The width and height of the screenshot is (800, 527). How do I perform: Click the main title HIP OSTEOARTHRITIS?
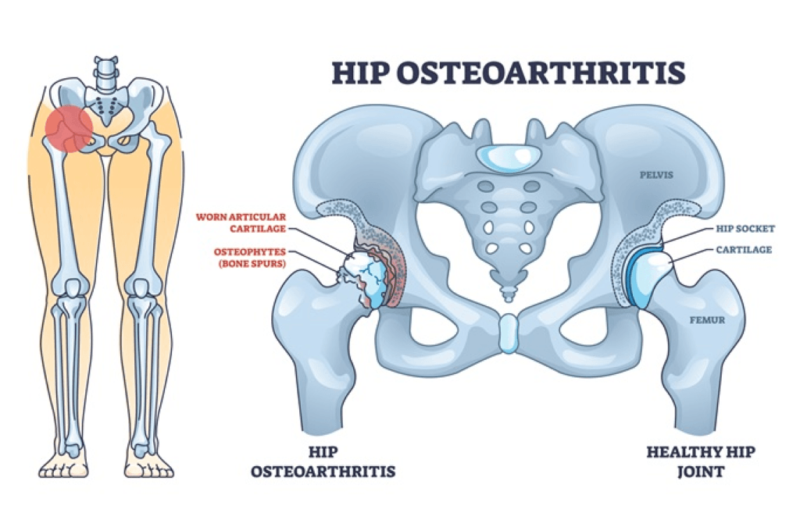pyautogui.click(x=509, y=73)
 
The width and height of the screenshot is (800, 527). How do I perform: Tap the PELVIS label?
pyautogui.click(x=656, y=175)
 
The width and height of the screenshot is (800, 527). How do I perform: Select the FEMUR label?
pyautogui.click(x=707, y=320)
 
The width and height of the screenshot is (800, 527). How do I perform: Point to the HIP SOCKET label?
pyautogui.click(x=745, y=229)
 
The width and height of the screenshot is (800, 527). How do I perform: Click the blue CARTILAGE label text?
pyautogui.click(x=744, y=250)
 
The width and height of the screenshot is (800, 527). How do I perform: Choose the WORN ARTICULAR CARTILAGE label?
pyautogui.click(x=241, y=223)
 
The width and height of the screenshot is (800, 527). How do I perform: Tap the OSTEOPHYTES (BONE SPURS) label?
pyautogui.click(x=250, y=258)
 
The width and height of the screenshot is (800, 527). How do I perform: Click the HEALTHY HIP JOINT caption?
pyautogui.click(x=701, y=461)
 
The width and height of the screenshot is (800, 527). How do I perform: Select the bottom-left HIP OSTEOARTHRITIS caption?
pyautogui.click(x=323, y=461)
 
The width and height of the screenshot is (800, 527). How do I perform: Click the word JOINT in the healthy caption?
pyautogui.click(x=701, y=472)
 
